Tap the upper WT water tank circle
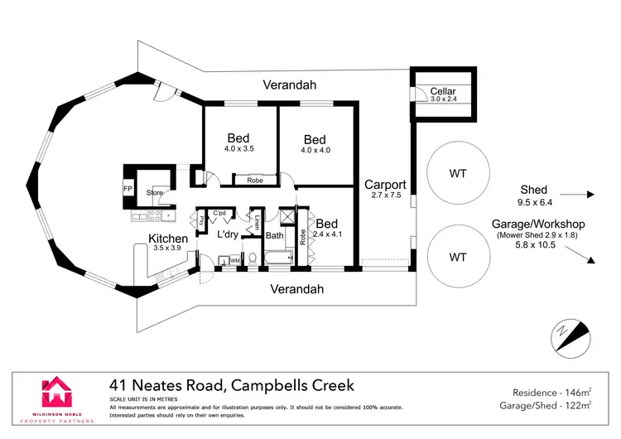tap(457, 174)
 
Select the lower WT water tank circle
tap(457, 256)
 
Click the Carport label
tap(386, 185)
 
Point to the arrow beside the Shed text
tap(582, 195)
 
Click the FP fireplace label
tap(128, 189)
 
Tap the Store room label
tap(155, 193)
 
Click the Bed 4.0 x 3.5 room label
tap(239, 142)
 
